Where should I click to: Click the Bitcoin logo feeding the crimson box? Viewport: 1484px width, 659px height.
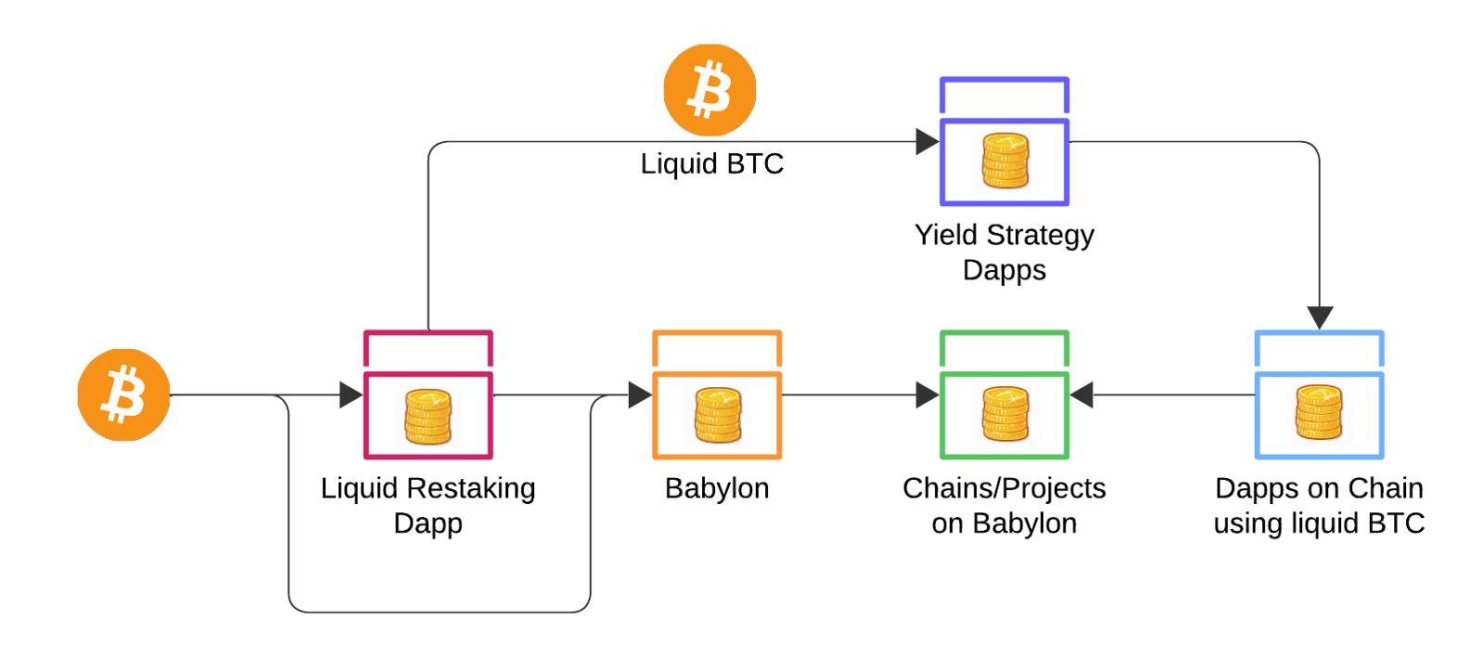pyautogui.click(x=123, y=394)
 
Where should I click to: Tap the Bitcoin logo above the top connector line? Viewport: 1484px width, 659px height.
pyautogui.click(x=710, y=90)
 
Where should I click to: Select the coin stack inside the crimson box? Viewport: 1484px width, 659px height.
pyautogui.click(x=429, y=417)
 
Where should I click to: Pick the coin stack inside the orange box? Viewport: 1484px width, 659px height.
pyautogui.click(x=717, y=417)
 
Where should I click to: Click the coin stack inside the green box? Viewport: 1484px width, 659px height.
pyautogui.click(x=1004, y=417)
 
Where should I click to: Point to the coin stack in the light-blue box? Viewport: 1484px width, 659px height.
pyautogui.click(x=1319, y=413)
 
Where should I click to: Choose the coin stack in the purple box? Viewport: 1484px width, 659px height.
pyautogui.click(x=1004, y=162)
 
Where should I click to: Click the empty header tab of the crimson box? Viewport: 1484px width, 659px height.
pyautogui.click(x=429, y=350)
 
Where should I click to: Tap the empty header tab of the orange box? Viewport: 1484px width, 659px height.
pyautogui.click(x=717, y=350)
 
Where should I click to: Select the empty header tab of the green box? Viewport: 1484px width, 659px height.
pyautogui.click(x=1004, y=350)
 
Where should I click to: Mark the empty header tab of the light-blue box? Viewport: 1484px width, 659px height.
pyautogui.click(x=1319, y=350)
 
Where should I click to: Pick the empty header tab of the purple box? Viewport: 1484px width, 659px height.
pyautogui.click(x=1004, y=97)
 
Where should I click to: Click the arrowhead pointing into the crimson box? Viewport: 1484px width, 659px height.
pyautogui.click(x=351, y=395)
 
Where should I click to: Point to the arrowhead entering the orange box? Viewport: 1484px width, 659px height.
pyautogui.click(x=639, y=395)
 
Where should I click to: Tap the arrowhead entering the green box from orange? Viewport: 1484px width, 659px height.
pyautogui.click(x=927, y=395)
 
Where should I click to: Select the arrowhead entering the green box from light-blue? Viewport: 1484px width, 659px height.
pyautogui.click(x=1082, y=395)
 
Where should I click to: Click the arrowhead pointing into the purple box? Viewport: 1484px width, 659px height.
pyautogui.click(x=927, y=142)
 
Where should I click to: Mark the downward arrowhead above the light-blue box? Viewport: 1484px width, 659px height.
pyautogui.click(x=1319, y=317)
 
